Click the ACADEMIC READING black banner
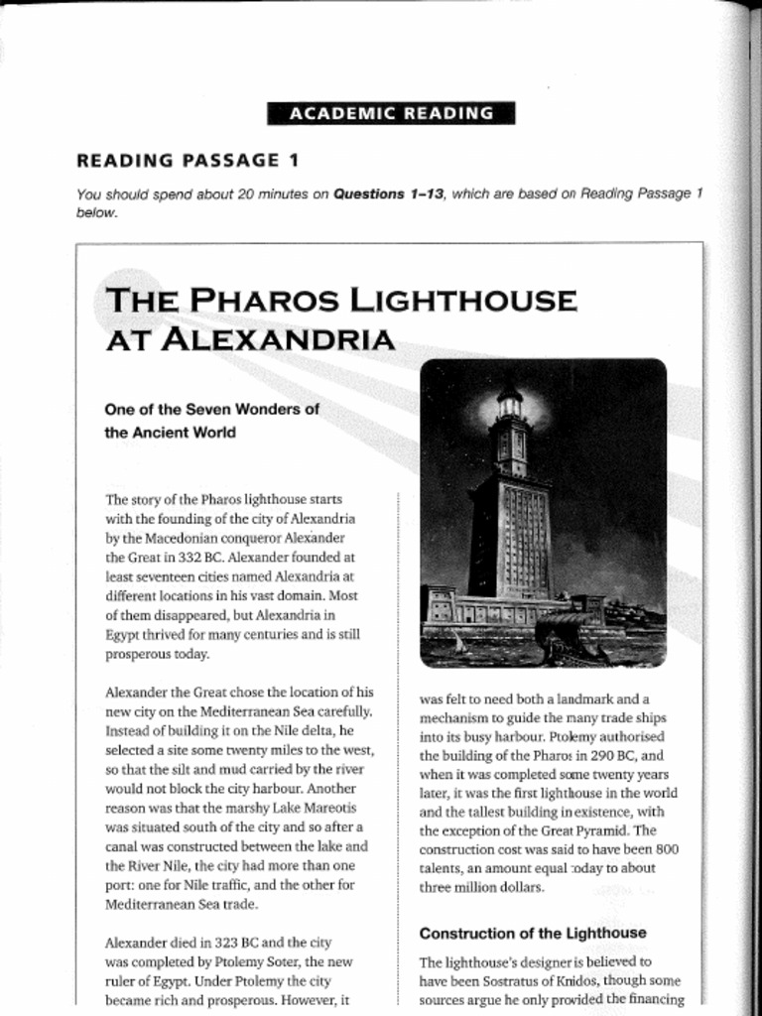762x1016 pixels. [391, 113]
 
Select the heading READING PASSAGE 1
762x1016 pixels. [188, 160]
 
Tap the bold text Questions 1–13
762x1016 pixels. [388, 194]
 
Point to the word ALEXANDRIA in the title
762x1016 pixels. [278, 340]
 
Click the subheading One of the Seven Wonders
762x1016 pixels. [211, 408]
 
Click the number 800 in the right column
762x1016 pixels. [667, 849]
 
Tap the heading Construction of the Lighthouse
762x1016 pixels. [532, 933]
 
